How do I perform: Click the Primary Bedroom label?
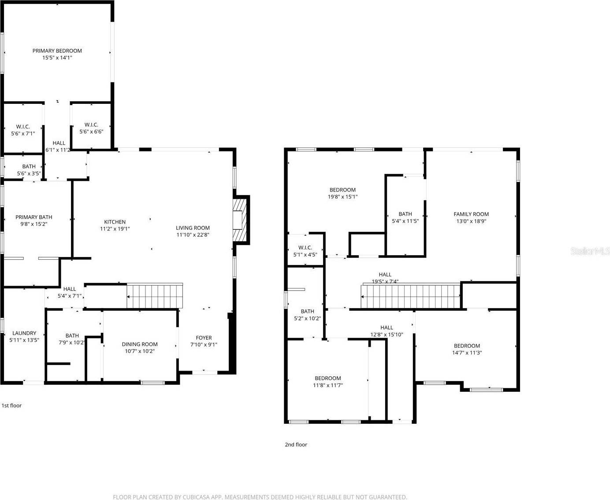point(57,51)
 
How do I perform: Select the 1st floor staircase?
point(155,296)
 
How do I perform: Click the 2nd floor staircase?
point(410,297)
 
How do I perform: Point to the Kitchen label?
point(115,222)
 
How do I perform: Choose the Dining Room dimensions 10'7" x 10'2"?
point(140,351)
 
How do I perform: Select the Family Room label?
point(471,214)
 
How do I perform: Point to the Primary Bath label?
point(33,217)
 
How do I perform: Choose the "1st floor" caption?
point(11,405)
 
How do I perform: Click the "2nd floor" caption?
point(296,445)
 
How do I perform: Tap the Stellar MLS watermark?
point(590,251)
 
